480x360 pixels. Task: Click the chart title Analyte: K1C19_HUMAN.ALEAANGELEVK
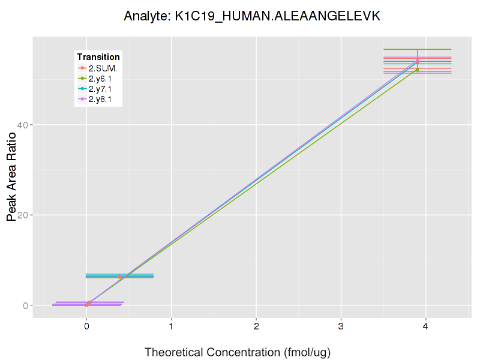252,16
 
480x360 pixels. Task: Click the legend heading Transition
98,57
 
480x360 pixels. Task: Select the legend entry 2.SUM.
103,68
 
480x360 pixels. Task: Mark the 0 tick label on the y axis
26,305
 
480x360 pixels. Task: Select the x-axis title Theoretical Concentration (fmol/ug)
238,352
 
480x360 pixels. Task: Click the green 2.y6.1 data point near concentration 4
418,70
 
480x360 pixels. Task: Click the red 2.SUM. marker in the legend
83,68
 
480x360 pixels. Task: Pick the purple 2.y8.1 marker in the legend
83,100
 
